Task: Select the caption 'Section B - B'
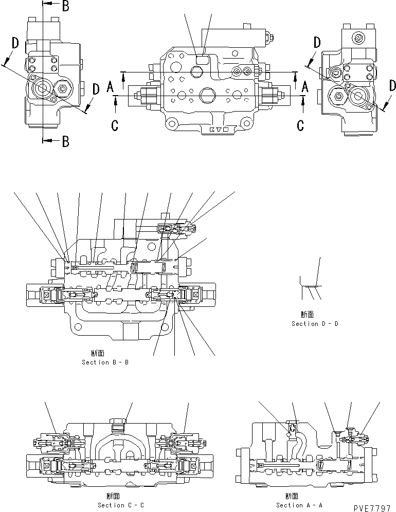[x=105, y=362]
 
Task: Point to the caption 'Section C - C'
[x=118, y=505]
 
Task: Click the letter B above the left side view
[x=65, y=6]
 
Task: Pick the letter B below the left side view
[x=65, y=141]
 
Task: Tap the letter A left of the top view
[x=110, y=87]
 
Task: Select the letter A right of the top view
[x=304, y=87]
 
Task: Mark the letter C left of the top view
[x=115, y=124]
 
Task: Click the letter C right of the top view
[x=301, y=124]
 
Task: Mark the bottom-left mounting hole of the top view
[x=170, y=123]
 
